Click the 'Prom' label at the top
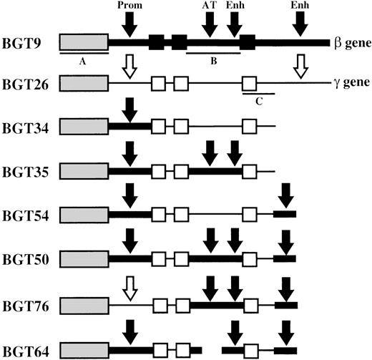129,6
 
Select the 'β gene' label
351,44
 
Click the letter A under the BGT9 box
83,62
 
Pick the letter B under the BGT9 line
212,62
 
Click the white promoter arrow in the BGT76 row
129,289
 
